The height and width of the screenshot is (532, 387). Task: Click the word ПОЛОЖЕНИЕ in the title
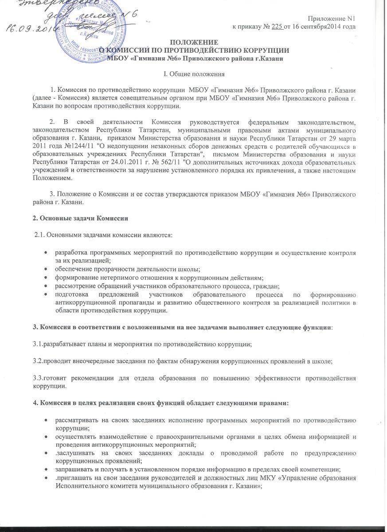pyautogui.click(x=194, y=42)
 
